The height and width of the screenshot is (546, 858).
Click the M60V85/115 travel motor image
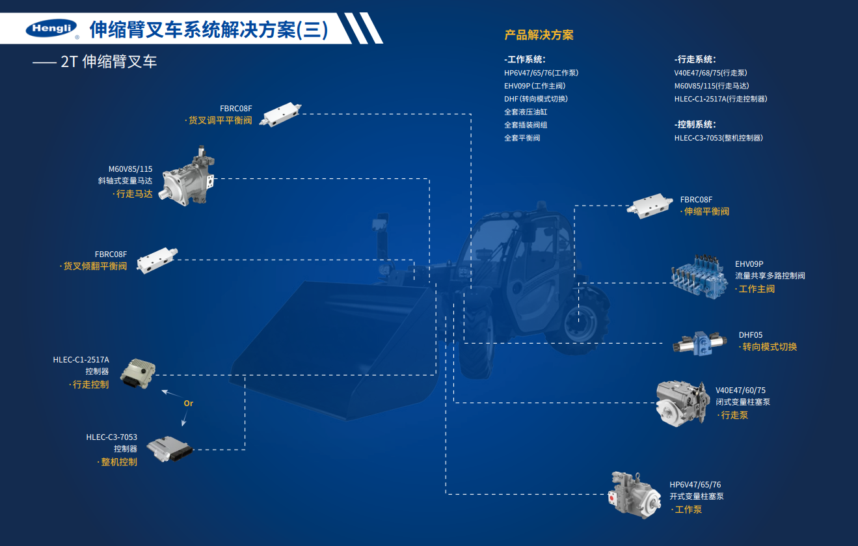pyautogui.click(x=189, y=178)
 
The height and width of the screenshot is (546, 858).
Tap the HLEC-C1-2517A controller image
pyautogui.click(x=139, y=374)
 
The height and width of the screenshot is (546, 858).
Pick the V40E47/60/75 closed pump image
pyautogui.click(x=682, y=403)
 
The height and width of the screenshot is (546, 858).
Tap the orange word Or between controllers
pyautogui.click(x=189, y=403)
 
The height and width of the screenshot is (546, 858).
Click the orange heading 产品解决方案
pyautogui.click(x=539, y=35)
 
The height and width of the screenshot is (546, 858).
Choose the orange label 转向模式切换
pyautogui.click(x=769, y=347)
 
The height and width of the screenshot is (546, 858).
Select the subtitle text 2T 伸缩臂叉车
pyautogui.click(x=109, y=62)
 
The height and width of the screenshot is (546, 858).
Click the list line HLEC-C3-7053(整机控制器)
pyautogui.click(x=718, y=138)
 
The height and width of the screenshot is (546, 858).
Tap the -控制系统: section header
pyautogui.click(x=695, y=124)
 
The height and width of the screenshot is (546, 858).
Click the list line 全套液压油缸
pyautogui.click(x=526, y=112)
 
